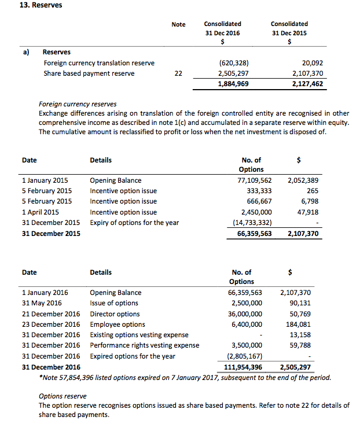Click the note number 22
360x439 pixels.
[x=178, y=73]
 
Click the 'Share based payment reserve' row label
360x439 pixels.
[x=89, y=73]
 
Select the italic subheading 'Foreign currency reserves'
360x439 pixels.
[x=78, y=104]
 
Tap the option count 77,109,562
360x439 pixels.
[x=255, y=180]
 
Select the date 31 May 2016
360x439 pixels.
[x=42, y=303]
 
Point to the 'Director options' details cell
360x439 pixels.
[x=115, y=314]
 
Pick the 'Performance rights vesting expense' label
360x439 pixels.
[x=145, y=345]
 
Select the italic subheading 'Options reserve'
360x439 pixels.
[x=63, y=396]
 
